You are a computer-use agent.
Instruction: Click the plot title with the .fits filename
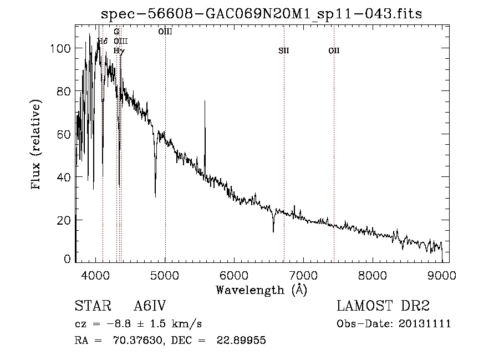click(x=261, y=14)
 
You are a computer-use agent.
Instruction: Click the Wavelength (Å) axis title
click(x=261, y=290)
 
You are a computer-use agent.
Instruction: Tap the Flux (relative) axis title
click(x=37, y=145)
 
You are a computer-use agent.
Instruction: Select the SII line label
click(x=284, y=51)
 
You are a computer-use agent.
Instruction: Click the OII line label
click(x=334, y=51)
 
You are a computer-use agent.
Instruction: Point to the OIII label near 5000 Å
click(x=165, y=32)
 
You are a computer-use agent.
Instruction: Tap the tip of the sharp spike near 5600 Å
click(x=205, y=101)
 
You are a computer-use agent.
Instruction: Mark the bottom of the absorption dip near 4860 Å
click(x=155, y=196)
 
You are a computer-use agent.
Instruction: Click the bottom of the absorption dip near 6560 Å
click(x=273, y=231)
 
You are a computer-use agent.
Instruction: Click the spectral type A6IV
click(x=150, y=306)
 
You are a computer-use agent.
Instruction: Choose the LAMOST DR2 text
click(x=383, y=306)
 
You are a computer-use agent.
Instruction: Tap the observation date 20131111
click(x=425, y=324)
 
